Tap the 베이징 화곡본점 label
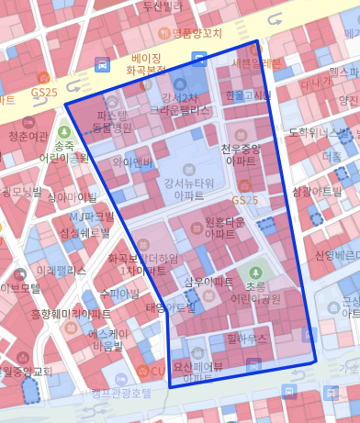point(145,63)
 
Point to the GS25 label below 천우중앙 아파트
point(245,200)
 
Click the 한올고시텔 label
point(247,95)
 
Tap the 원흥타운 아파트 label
point(225,228)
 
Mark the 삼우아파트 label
point(208,283)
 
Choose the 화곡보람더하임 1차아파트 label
point(141,265)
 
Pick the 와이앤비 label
point(132,162)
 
